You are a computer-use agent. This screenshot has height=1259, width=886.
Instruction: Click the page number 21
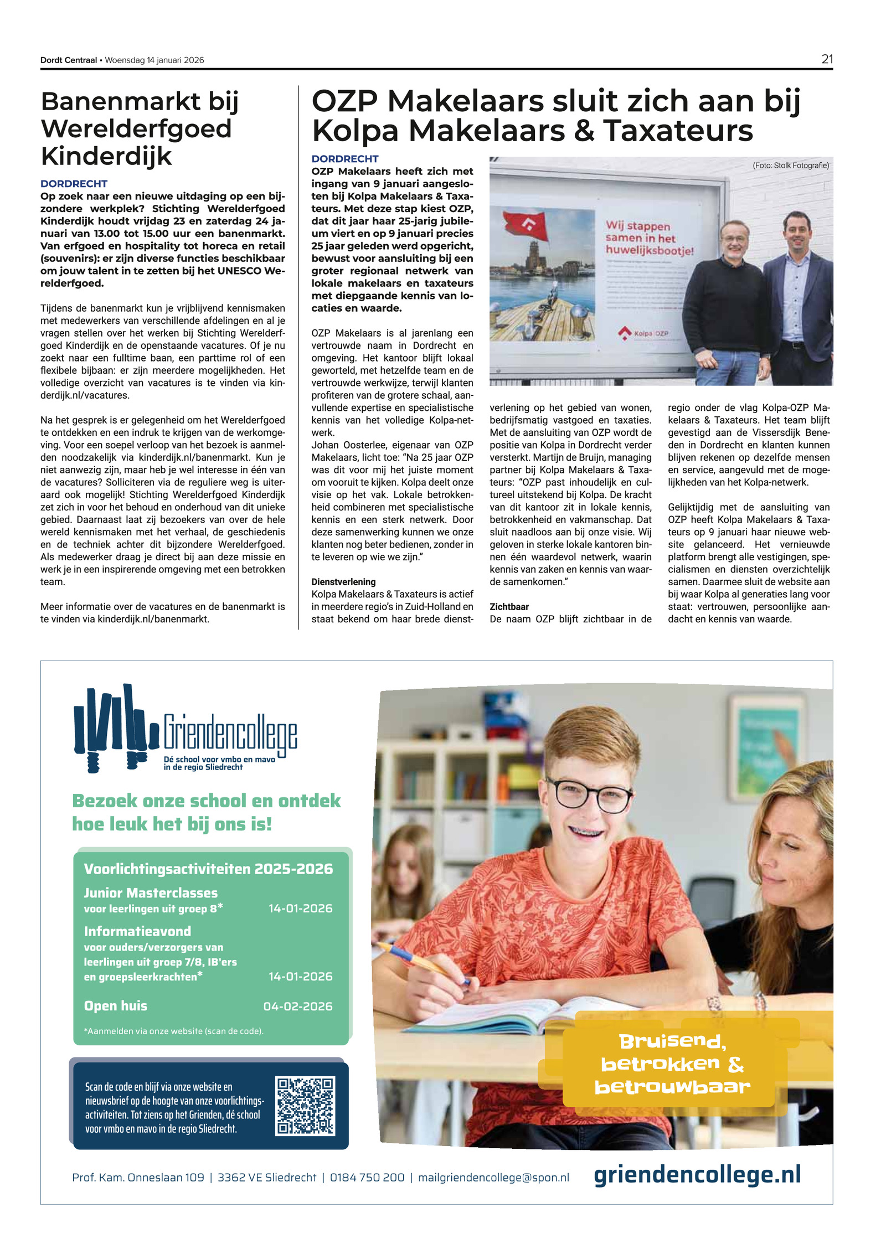pyautogui.click(x=826, y=59)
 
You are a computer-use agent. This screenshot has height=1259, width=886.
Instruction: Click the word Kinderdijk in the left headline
pyautogui.click(x=106, y=156)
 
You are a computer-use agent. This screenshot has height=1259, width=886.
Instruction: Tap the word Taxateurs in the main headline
pyautogui.click(x=678, y=131)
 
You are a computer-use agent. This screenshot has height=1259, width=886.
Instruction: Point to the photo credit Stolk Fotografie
pyautogui.click(x=791, y=166)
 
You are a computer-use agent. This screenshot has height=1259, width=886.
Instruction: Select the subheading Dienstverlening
pyautogui.click(x=343, y=582)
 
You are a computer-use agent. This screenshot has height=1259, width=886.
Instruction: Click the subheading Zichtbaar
pyautogui.click(x=509, y=607)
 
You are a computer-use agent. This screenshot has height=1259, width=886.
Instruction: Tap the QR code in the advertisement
pyautogui.click(x=306, y=1106)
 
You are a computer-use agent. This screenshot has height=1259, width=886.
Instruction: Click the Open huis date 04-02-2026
pyautogui.click(x=298, y=1007)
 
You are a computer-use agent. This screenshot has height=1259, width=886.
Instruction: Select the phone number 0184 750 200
pyautogui.click(x=367, y=1178)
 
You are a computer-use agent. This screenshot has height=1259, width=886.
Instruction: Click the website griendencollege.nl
pyautogui.click(x=697, y=1175)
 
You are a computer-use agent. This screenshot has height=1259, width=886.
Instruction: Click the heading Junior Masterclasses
pyautogui.click(x=151, y=893)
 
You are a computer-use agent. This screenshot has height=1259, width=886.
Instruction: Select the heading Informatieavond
pyautogui.click(x=137, y=931)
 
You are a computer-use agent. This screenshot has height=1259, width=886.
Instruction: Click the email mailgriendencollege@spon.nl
pyautogui.click(x=493, y=1178)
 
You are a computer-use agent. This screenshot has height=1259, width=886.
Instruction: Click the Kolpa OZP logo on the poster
pyautogui.click(x=644, y=333)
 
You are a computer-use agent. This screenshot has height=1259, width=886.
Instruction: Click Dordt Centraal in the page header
pyautogui.click(x=69, y=60)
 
